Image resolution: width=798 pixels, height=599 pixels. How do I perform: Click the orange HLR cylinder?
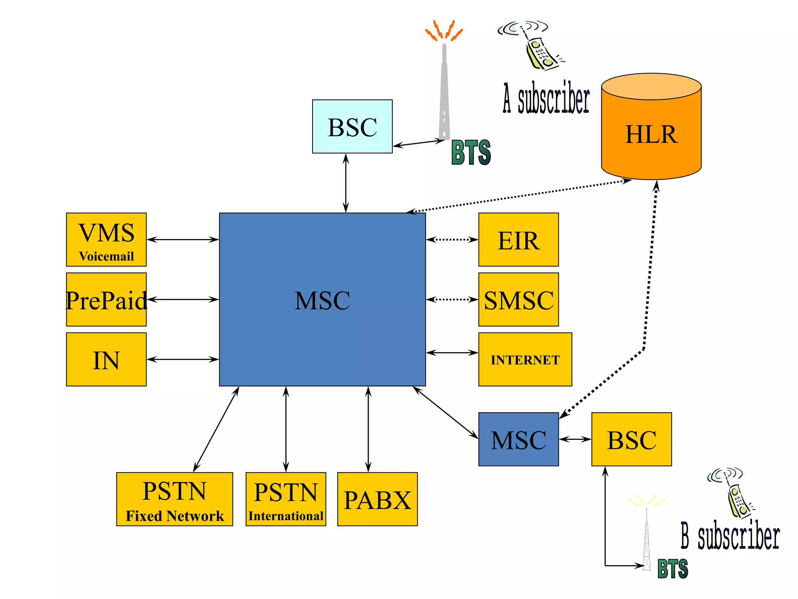click(x=651, y=133)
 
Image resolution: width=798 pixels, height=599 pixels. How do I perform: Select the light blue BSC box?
click(x=352, y=126)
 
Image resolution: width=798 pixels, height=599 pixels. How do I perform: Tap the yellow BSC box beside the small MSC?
click(x=631, y=439)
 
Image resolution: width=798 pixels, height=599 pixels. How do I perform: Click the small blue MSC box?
click(x=518, y=439)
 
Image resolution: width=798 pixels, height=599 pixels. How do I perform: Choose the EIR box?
click(x=518, y=239)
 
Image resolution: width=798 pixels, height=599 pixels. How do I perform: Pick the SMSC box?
click(x=518, y=299)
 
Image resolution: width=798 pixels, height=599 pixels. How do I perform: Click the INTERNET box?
click(x=525, y=359)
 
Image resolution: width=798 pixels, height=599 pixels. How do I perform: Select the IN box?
click(x=106, y=359)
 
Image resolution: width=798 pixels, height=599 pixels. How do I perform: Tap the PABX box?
click(x=377, y=499)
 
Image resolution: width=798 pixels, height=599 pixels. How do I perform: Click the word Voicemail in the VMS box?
click(x=106, y=256)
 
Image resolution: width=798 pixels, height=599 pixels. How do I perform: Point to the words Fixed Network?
click(x=175, y=516)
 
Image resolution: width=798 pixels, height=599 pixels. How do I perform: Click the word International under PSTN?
click(x=286, y=516)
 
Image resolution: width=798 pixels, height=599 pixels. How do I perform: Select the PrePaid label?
click(x=106, y=300)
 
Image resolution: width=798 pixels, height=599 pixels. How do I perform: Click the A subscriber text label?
click(x=546, y=98)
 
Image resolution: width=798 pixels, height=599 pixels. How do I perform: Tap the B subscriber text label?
click(x=730, y=536)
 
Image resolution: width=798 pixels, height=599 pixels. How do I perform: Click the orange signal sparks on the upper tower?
click(x=444, y=30)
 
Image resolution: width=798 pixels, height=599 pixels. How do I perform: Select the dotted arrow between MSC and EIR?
click(x=452, y=239)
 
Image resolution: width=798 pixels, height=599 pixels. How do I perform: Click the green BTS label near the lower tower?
click(x=673, y=569)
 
